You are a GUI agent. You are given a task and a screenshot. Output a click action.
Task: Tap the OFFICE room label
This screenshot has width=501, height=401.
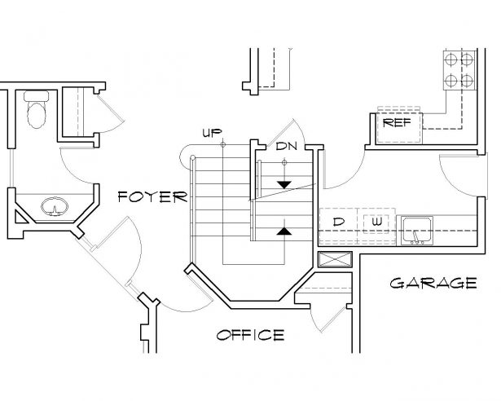click(x=250, y=335)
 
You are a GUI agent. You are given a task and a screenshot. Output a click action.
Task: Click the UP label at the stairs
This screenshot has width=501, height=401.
click(x=211, y=133)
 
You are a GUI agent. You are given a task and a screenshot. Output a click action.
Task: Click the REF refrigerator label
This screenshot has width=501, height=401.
click(x=397, y=123)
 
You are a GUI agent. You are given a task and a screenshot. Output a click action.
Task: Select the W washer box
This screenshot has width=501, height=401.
click(x=376, y=222)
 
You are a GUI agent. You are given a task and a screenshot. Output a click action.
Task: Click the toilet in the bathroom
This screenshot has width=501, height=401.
click(x=36, y=113)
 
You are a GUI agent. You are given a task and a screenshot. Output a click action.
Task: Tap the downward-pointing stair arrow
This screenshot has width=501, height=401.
click(x=284, y=184)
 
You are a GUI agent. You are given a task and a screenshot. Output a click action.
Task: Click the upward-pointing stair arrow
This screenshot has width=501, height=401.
click(x=283, y=231)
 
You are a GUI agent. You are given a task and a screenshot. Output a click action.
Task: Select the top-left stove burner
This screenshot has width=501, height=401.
click(x=450, y=59)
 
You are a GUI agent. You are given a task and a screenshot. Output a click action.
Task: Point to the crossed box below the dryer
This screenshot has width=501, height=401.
click(x=336, y=261)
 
